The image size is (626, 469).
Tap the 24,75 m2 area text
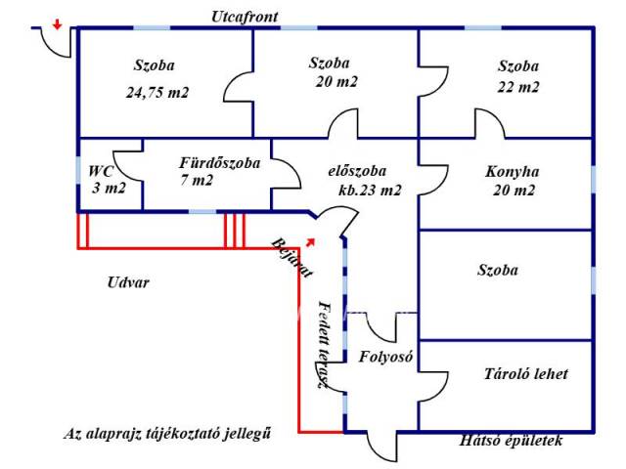tap(156, 93)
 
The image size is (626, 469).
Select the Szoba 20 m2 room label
tap(334, 72)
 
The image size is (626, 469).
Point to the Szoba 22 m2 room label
tap(517, 76)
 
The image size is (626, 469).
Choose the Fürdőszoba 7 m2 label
tap(219, 171)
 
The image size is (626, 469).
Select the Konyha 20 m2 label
tap(513, 181)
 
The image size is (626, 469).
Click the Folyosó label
tap(384, 357)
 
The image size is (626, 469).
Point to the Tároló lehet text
tap(525, 374)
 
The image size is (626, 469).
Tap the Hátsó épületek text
tap(511, 441)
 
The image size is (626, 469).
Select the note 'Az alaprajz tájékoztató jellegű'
tap(166, 433)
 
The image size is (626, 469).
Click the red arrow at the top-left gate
tap(58, 25)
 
